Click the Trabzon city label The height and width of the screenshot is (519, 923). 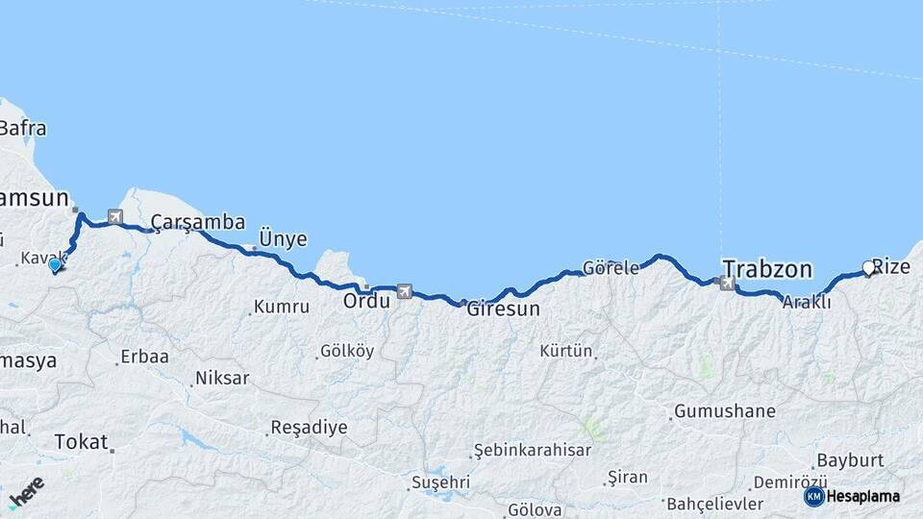tap(767, 268)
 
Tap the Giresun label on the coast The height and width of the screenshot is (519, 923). tap(503, 310)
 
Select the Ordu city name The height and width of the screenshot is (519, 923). tap(366, 301)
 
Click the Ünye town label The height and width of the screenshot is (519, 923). tap(283, 238)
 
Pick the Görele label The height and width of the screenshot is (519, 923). tap(611, 268)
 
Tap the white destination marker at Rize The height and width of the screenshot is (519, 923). tap(868, 269)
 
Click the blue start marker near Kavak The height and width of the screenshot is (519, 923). tap(56, 265)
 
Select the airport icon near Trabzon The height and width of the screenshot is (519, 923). tap(726, 283)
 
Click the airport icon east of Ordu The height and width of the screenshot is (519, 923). tap(405, 290)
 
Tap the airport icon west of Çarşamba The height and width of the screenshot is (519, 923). tap(115, 217)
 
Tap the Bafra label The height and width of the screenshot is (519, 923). tap(23, 128)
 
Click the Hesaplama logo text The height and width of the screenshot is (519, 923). tap(863, 496)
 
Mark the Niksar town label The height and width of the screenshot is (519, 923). tap(221, 378)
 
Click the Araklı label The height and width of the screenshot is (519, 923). tap(806, 301)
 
